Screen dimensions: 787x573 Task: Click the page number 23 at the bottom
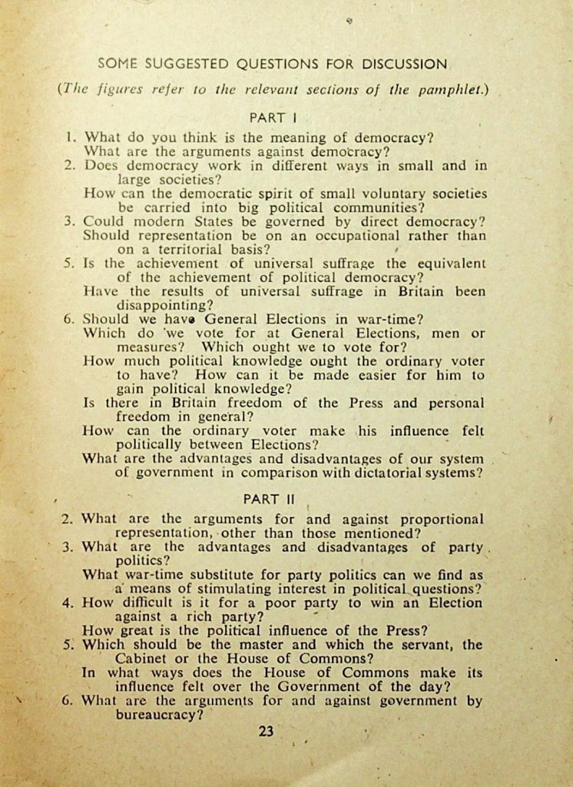[x=266, y=731]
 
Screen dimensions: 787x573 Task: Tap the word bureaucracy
[x=159, y=714]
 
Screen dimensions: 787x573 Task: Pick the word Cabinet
[x=146, y=659]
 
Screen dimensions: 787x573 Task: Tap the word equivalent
[x=451, y=263]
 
